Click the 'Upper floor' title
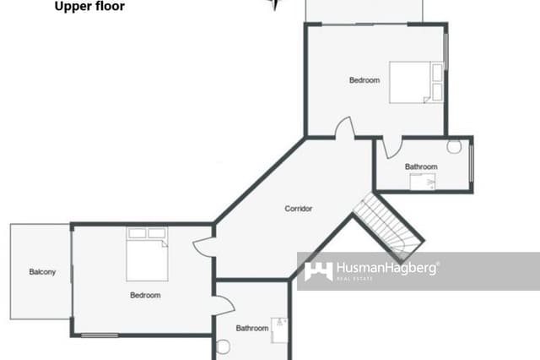[x=89, y=7]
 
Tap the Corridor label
[x=299, y=208]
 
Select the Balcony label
[x=42, y=271]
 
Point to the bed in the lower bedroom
[x=147, y=254]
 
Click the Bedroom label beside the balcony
[x=145, y=296]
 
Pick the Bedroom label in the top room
[x=364, y=80]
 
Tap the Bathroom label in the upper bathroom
[x=421, y=166]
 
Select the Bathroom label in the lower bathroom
[x=251, y=328]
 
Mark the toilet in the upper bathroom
[x=454, y=146]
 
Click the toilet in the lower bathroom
[x=224, y=346]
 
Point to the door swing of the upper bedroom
[x=344, y=128]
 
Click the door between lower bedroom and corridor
[x=204, y=247]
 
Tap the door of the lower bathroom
[x=224, y=306]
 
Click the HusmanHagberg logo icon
[x=318, y=270]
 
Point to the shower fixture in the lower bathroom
[x=279, y=328]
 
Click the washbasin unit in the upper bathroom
[x=423, y=181]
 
